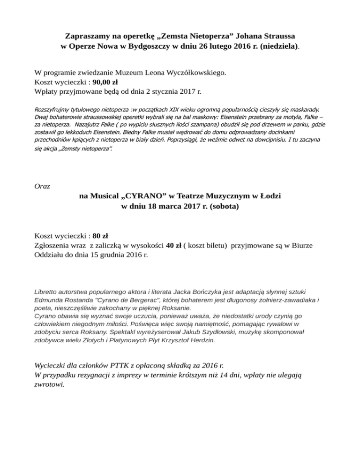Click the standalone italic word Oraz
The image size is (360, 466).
coord(43,186)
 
